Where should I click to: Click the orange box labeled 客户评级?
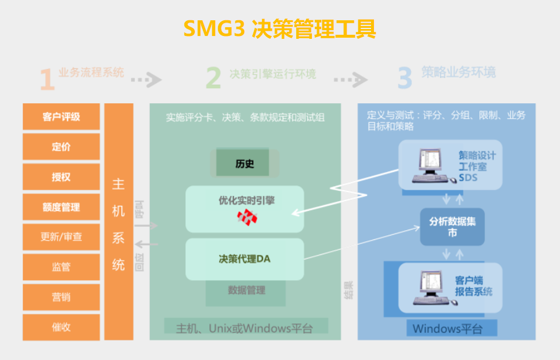[61, 117]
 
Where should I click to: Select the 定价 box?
[61, 147]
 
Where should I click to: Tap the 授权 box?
[61, 177]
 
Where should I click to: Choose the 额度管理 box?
[61, 207]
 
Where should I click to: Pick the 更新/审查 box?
[61, 237]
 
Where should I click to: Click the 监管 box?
[61, 267]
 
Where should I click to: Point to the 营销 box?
[61, 297]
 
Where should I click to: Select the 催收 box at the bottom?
[61, 328]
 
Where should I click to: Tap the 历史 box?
[244, 163]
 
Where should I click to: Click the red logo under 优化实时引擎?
[246, 217]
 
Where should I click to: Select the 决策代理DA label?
[245, 259]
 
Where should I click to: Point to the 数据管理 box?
[246, 290]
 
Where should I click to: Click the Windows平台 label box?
[447, 329]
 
